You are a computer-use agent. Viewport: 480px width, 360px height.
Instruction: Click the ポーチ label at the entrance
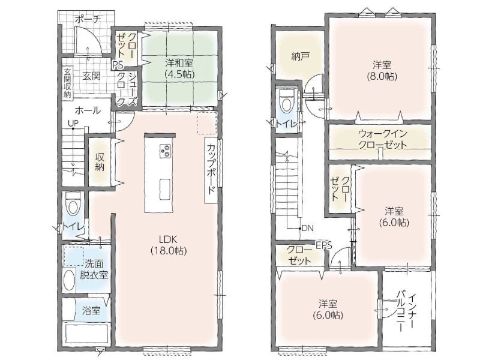pyautogui.click(x=88, y=20)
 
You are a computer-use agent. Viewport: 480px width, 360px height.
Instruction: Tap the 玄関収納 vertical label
pyautogui.click(x=67, y=83)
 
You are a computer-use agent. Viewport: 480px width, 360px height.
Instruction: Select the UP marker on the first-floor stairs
pyautogui.click(x=73, y=123)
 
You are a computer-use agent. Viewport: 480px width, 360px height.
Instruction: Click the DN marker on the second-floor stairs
pyautogui.click(x=308, y=228)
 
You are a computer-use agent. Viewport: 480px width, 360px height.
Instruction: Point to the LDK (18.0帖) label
pyautogui.click(x=169, y=245)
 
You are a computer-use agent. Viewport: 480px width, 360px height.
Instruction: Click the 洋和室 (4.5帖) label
pyautogui.click(x=179, y=68)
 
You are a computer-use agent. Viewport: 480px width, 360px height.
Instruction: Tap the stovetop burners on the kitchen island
pyautogui.click(x=166, y=151)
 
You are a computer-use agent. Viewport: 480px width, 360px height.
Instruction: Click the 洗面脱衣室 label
pyautogui.click(x=94, y=269)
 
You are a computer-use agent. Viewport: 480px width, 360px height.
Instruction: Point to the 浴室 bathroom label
pyautogui.click(x=91, y=310)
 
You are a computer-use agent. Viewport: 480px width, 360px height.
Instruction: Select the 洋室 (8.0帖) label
pyautogui.click(x=382, y=71)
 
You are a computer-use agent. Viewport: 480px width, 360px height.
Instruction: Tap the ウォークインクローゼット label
pyautogui.click(x=383, y=139)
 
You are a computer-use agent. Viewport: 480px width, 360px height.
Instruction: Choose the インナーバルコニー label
pyautogui.click(x=406, y=311)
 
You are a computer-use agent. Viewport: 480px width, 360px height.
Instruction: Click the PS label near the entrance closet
pyautogui.click(x=118, y=65)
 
